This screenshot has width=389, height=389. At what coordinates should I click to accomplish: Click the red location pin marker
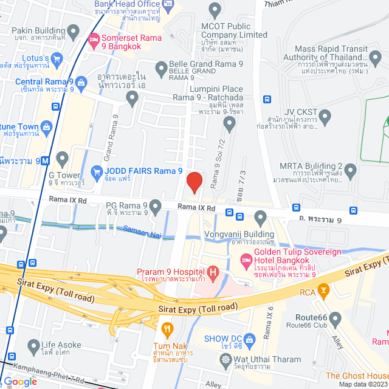pyautogui.click(x=194, y=182)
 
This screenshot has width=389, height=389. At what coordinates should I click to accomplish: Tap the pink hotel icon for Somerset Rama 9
pyautogui.click(x=94, y=41)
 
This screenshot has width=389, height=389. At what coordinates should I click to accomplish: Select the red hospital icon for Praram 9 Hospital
pyautogui.click(x=213, y=271)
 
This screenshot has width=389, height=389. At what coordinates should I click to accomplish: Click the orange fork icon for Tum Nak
pyautogui.click(x=168, y=329)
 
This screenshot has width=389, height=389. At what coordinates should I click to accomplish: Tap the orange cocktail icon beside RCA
pyautogui.click(x=323, y=291)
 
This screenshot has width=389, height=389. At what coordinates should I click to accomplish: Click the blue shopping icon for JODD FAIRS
pyautogui.click(x=96, y=172)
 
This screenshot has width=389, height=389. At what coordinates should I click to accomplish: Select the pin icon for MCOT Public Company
pyautogui.click(x=214, y=10)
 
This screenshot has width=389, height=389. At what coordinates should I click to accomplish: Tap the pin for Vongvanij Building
pyautogui.click(x=261, y=217)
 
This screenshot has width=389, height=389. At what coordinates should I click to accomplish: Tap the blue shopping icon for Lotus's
pyautogui.click(x=58, y=59)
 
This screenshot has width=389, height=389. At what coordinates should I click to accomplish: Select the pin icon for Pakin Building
pyautogui.click(x=73, y=30)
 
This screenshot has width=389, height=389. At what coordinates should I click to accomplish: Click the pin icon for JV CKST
pyautogui.click(x=325, y=115)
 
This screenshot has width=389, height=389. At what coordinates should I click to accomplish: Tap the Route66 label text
pyautogui.click(x=312, y=317)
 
